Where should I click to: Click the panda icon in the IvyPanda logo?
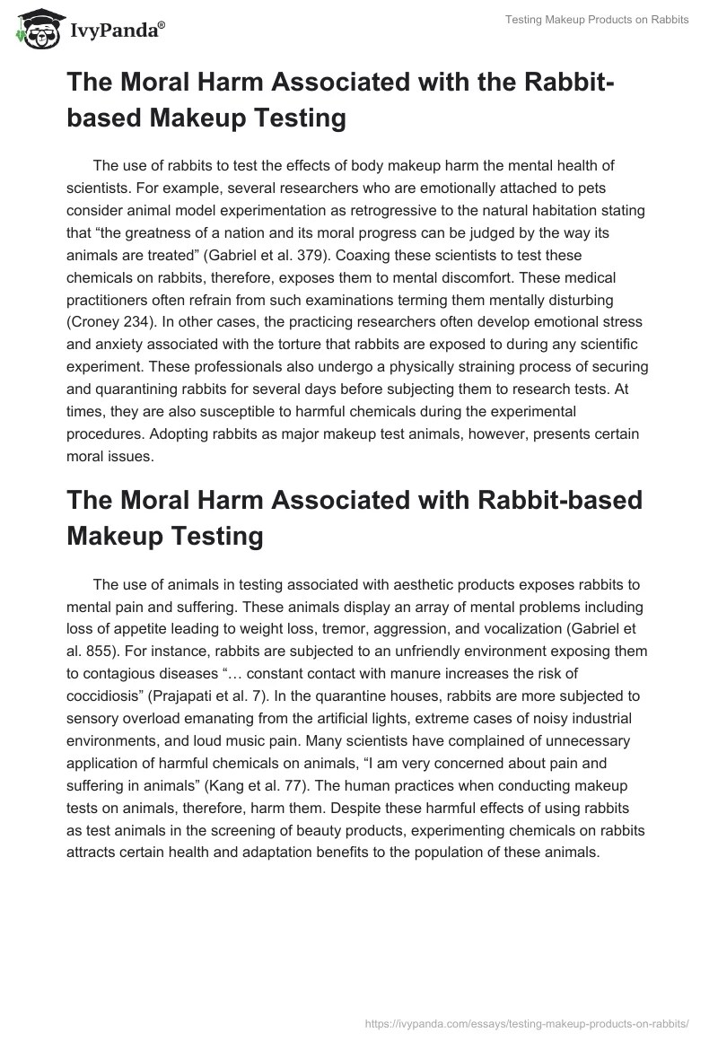[x=32, y=30]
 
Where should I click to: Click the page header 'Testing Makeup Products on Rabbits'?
[x=595, y=20]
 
